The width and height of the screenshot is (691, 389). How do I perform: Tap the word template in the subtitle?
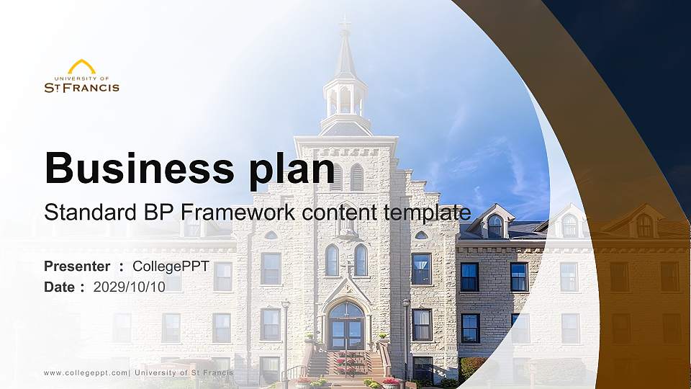(x=428, y=213)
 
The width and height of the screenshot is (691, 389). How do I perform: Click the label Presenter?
(x=77, y=267)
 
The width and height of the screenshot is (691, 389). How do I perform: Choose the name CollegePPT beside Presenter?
(x=171, y=267)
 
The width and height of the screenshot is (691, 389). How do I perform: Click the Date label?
(x=59, y=287)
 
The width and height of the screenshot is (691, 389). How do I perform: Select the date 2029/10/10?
(x=130, y=287)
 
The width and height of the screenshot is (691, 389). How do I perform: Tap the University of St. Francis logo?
(x=81, y=77)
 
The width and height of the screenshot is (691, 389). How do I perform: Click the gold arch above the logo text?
(x=81, y=66)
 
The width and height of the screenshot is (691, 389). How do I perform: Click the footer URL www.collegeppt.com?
(x=86, y=372)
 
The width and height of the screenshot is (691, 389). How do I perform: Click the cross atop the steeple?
(x=345, y=27)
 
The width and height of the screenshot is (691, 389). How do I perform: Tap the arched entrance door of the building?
(x=345, y=328)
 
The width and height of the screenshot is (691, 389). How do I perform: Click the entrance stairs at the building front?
(x=345, y=364)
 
